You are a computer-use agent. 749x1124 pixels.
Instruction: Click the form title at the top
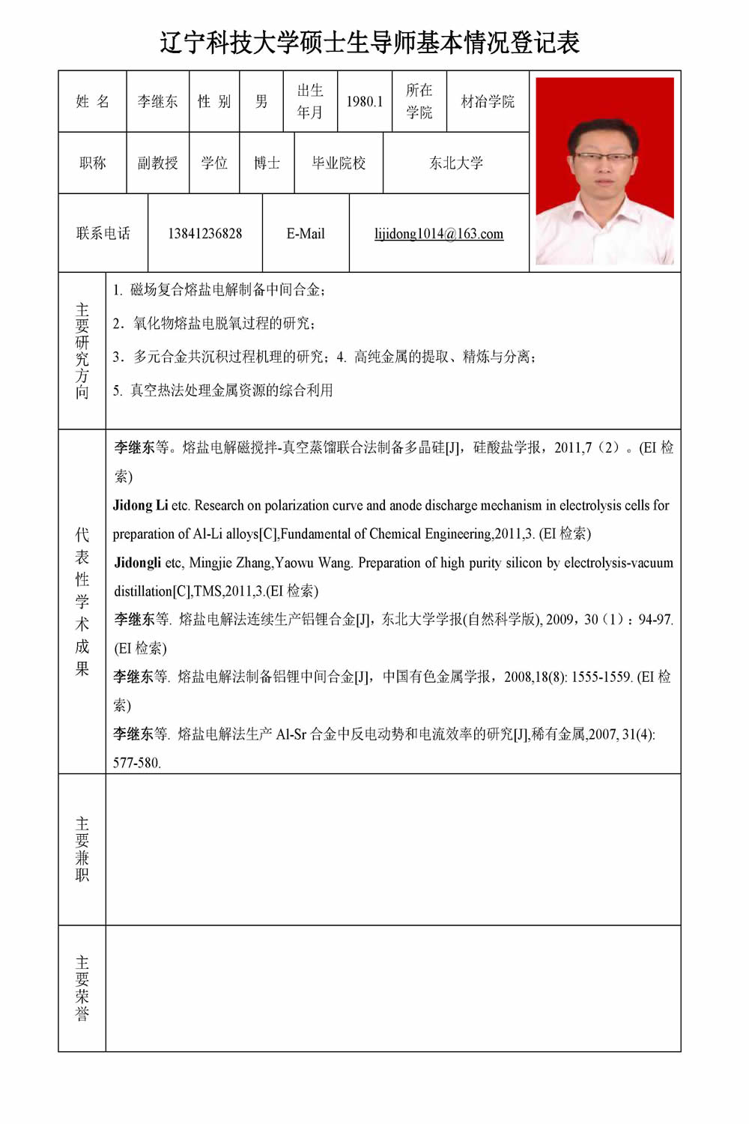(369, 43)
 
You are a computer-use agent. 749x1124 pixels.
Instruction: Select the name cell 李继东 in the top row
(157, 102)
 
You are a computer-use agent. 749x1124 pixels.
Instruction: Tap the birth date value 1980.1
(364, 102)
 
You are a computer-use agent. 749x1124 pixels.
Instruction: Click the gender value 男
(261, 102)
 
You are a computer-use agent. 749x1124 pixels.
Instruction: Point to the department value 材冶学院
(488, 102)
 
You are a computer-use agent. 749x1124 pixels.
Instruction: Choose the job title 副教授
(157, 163)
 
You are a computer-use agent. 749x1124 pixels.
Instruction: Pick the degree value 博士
(267, 163)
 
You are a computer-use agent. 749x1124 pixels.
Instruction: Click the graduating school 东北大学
(456, 163)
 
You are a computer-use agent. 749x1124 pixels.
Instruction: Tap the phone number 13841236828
(204, 234)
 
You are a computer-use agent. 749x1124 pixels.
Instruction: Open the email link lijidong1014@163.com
(439, 234)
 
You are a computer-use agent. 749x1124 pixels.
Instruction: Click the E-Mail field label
(306, 234)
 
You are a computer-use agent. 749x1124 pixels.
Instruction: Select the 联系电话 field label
(103, 234)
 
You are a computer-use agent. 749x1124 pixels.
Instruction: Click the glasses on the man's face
(604, 157)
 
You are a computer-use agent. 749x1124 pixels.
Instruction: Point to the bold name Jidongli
(137, 563)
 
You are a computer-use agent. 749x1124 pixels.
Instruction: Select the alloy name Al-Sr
(291, 734)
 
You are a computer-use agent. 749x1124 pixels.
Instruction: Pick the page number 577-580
(136, 763)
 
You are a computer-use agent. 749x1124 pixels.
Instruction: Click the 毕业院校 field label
(339, 163)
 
